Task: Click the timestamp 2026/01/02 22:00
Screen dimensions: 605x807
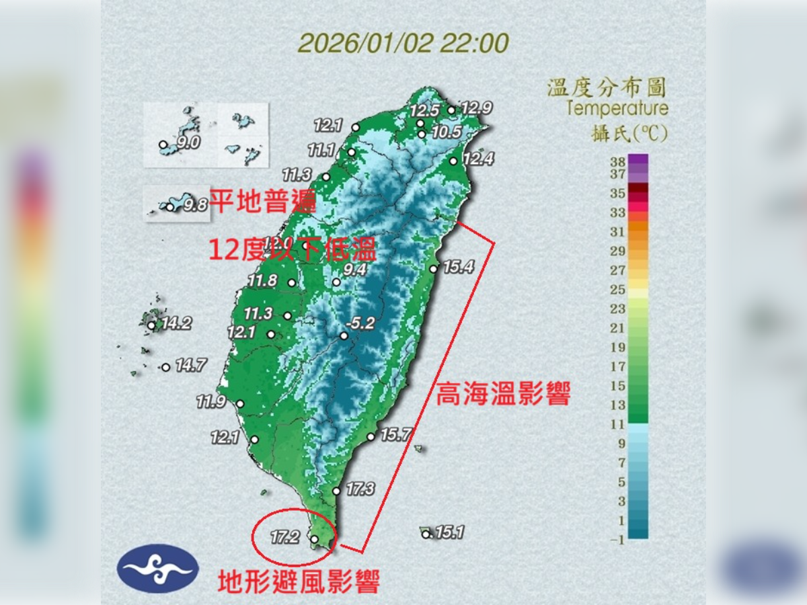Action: click(x=403, y=44)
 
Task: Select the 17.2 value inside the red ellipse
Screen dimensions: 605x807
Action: click(x=285, y=536)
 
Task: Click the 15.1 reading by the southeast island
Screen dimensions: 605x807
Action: click(x=449, y=533)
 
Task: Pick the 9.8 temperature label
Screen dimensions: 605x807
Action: click(x=195, y=205)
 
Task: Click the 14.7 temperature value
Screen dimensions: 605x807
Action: click(x=191, y=366)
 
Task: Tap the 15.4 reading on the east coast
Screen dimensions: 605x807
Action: click(x=459, y=268)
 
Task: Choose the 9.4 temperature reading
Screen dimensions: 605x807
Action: click(x=354, y=270)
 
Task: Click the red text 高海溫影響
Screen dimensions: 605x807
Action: click(x=503, y=395)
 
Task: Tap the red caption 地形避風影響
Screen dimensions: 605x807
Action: click(x=299, y=581)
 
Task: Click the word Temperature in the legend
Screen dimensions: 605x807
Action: click(x=617, y=108)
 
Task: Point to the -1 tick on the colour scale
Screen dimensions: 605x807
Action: click(x=617, y=539)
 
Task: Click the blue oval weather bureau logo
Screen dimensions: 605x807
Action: click(x=157, y=568)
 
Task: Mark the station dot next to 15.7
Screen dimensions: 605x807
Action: click(x=371, y=437)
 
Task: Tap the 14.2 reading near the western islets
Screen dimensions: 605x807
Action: click(x=176, y=323)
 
